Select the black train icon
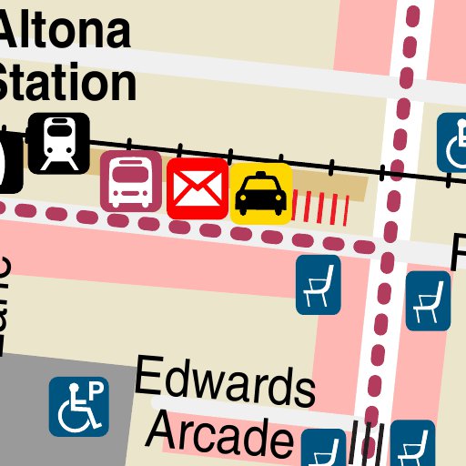(59, 142)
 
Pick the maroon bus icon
(130, 181)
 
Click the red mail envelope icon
(197, 188)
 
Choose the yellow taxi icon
(261, 193)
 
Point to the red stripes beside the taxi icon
(326, 208)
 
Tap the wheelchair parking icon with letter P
(79, 406)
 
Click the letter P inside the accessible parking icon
(95, 390)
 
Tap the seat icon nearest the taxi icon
(318, 284)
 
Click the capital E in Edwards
(148, 376)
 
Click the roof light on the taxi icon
(260, 175)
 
